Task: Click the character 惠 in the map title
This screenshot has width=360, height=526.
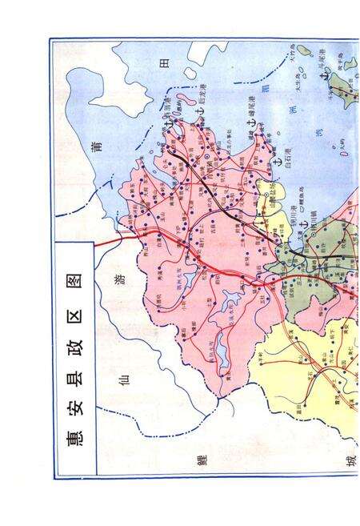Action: coord(74,438)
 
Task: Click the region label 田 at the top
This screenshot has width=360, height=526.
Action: coord(166,64)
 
